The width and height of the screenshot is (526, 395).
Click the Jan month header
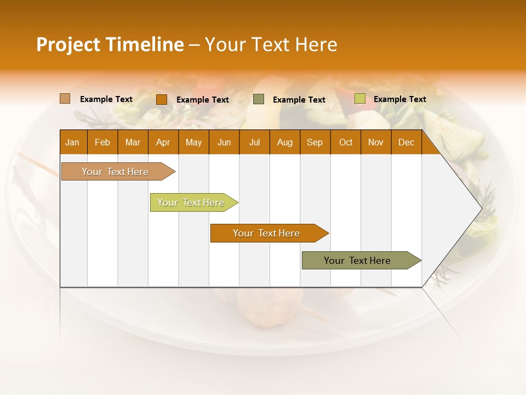[73, 142]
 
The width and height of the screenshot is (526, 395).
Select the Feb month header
[102, 142]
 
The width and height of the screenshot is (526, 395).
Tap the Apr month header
[163, 142]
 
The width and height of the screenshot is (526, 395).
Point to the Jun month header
[224, 142]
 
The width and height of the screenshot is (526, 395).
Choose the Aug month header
[285, 142]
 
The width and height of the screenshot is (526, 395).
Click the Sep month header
[315, 142]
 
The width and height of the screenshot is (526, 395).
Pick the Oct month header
[346, 142]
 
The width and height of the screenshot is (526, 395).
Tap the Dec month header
[407, 142]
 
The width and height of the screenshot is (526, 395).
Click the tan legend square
[65, 99]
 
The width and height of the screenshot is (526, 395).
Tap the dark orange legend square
[161, 99]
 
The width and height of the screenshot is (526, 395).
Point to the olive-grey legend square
[259, 99]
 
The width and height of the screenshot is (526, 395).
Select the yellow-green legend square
[359, 99]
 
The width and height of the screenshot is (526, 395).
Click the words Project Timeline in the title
[110, 44]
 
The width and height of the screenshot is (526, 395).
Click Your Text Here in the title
[271, 44]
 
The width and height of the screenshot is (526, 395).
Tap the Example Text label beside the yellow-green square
[399, 99]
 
